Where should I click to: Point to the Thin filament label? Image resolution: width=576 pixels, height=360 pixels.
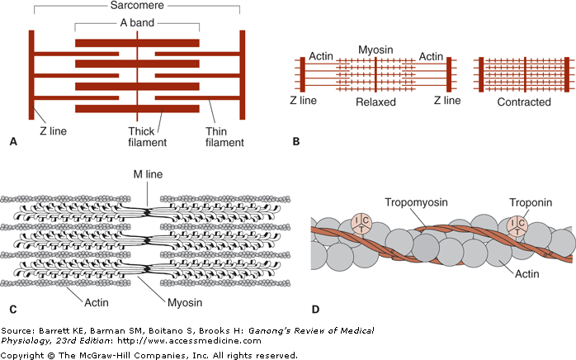coord(224,137)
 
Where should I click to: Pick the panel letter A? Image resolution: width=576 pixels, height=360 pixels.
coord(12,142)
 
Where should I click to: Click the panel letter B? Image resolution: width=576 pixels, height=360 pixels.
coord(295,142)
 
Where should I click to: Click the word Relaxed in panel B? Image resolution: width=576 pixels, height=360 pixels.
coord(376,102)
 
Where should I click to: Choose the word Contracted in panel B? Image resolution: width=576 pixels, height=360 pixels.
coord(524,102)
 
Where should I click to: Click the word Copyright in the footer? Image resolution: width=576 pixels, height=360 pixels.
coord(26,355)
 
